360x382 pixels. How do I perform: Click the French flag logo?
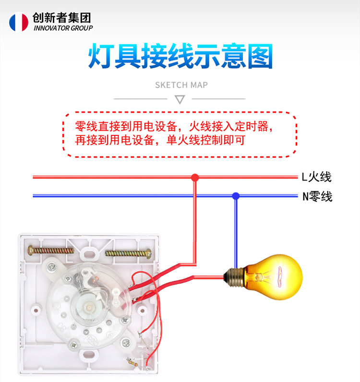tap(18, 22)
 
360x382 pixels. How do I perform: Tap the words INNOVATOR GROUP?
tap(63, 28)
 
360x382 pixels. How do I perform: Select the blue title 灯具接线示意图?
tap(180, 57)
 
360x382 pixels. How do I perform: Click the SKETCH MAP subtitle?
tap(181, 85)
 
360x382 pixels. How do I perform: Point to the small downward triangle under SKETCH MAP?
tap(180, 100)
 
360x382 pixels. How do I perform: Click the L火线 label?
tap(317, 177)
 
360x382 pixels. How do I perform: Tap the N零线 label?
tap(317, 197)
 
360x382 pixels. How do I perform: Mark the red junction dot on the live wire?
tap(195, 178)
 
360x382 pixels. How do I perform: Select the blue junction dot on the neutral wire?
tap(235, 196)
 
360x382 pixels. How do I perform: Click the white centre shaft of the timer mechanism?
tap(89, 306)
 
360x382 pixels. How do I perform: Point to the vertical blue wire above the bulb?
tap(235, 230)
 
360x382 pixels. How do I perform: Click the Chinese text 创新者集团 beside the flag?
tap(61, 18)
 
